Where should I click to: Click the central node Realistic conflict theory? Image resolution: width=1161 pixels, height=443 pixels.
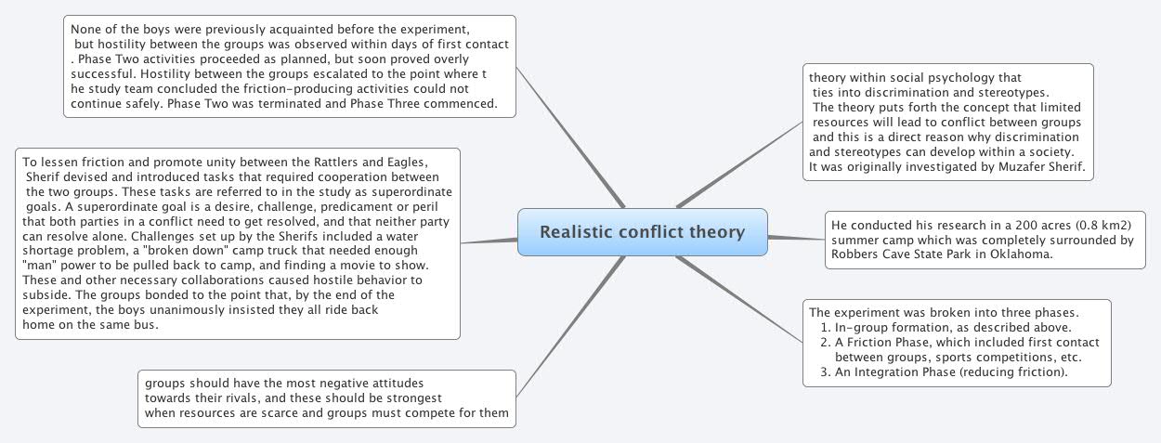(642, 231)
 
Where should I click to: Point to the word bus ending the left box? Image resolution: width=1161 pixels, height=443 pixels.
(149, 325)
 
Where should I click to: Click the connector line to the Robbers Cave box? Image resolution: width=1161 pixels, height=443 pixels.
(797, 239)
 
